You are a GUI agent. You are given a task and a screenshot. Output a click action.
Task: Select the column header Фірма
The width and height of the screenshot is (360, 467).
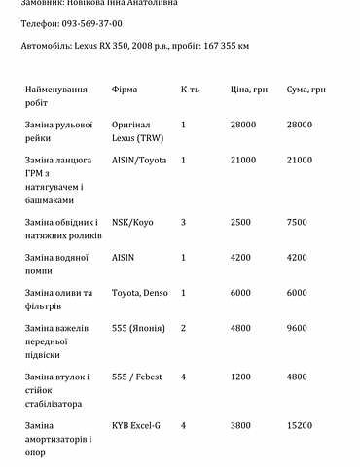coord(126,90)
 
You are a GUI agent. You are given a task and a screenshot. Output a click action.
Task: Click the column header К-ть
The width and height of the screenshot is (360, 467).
coord(191,90)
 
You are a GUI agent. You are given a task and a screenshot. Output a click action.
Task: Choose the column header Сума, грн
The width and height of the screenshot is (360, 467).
coord(305,90)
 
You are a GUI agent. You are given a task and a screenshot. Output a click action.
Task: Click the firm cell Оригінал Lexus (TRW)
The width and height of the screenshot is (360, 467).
coord(138,131)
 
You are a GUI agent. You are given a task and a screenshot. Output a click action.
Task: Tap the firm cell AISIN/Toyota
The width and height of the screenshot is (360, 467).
coord(141,158)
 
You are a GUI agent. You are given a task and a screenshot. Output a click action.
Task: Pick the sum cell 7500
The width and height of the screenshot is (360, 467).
coord(298,222)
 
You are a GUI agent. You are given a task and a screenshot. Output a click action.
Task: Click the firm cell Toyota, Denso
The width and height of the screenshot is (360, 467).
coord(140,293)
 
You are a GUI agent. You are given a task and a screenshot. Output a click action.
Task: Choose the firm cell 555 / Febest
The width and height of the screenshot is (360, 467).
coord(136,377)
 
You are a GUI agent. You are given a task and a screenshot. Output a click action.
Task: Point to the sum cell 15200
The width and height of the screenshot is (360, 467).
coord(300,425)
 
